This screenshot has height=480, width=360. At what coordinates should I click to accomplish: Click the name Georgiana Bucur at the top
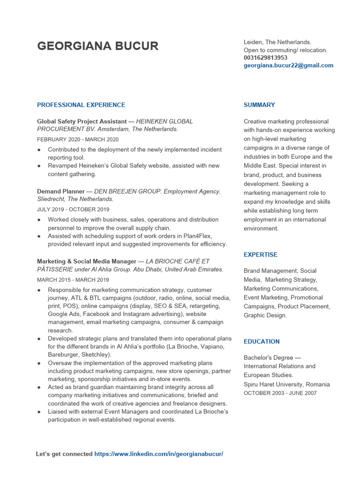[x=97, y=46]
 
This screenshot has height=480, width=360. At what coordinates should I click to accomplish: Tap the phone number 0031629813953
[x=265, y=58]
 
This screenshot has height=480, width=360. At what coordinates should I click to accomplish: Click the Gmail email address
[x=288, y=66]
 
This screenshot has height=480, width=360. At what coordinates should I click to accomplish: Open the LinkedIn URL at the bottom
[x=158, y=454]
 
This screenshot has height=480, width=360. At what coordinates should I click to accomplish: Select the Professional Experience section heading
[x=81, y=105]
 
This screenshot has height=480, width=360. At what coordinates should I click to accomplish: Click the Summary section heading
[x=259, y=105]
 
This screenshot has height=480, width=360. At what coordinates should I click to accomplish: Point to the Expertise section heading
[x=260, y=255]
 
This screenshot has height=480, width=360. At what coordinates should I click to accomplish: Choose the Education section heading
[x=261, y=342]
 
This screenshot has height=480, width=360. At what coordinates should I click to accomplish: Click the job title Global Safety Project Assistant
[x=82, y=121]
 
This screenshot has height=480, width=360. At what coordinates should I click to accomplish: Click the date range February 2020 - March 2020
[x=78, y=139]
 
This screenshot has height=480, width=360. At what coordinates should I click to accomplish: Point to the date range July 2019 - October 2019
[x=73, y=210]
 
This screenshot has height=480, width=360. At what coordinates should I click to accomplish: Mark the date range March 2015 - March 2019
[x=73, y=280]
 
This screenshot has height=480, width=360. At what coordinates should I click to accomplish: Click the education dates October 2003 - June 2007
[x=280, y=393]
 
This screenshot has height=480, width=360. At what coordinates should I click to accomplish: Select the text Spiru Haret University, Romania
[x=286, y=384]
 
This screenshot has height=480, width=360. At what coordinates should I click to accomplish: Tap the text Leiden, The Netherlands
[x=277, y=42]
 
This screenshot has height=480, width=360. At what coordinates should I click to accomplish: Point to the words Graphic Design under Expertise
[x=264, y=315]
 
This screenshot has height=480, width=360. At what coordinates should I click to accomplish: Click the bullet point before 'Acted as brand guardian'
[x=38, y=388]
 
